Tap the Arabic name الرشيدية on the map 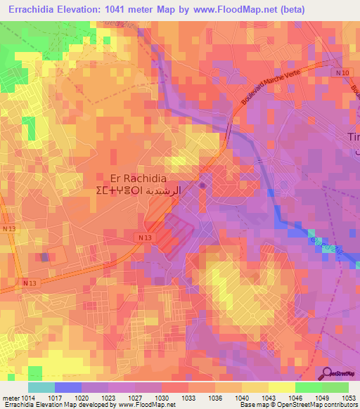[x=162, y=191]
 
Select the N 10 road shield [x=342, y=73]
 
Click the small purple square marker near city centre [x=202, y=186]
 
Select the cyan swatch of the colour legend [x=41, y=387]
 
